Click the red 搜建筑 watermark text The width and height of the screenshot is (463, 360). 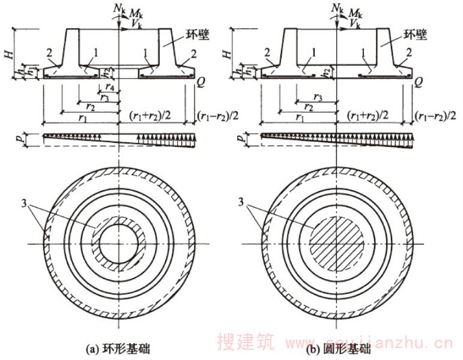point(246,344)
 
